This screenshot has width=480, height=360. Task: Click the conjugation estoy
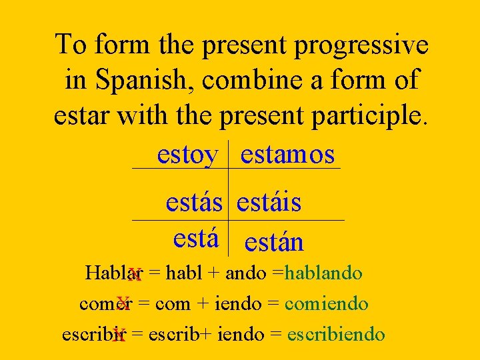pos(187,155)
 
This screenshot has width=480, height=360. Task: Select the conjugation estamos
pos(287,155)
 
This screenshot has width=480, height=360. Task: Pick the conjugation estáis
pos(269,202)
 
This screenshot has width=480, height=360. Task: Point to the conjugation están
pos(274,242)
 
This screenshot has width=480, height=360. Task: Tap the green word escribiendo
pos(336,333)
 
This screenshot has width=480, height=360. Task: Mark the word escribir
pos(94,333)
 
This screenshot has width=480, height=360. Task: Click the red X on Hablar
pos(135,275)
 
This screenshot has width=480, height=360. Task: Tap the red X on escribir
pos(119,335)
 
